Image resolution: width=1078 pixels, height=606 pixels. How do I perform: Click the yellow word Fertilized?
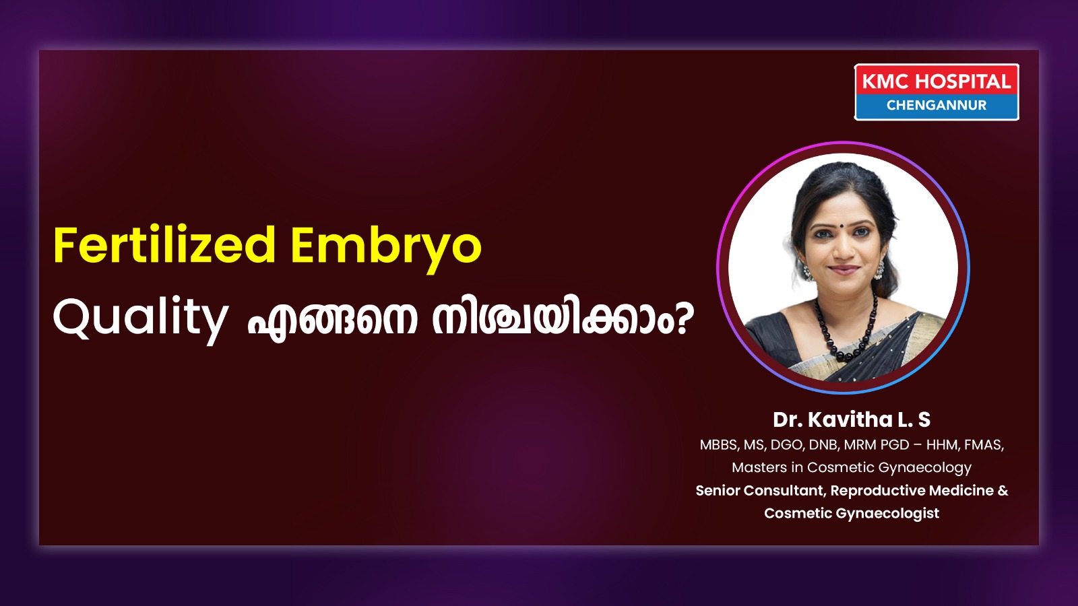[x=164, y=245]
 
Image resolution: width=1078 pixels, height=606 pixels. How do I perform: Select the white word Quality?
[x=140, y=318]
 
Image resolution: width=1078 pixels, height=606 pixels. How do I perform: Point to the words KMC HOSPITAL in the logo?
[x=936, y=81]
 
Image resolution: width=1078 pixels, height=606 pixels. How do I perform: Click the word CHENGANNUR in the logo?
[x=936, y=105]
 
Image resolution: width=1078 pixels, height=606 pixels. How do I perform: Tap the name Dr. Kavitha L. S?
[x=852, y=419]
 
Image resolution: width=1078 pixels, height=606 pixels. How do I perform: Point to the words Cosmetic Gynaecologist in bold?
[x=852, y=513]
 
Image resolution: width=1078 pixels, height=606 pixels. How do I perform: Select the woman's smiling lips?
[x=844, y=269]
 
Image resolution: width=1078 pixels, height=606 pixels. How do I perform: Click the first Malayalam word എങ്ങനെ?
[x=331, y=321]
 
